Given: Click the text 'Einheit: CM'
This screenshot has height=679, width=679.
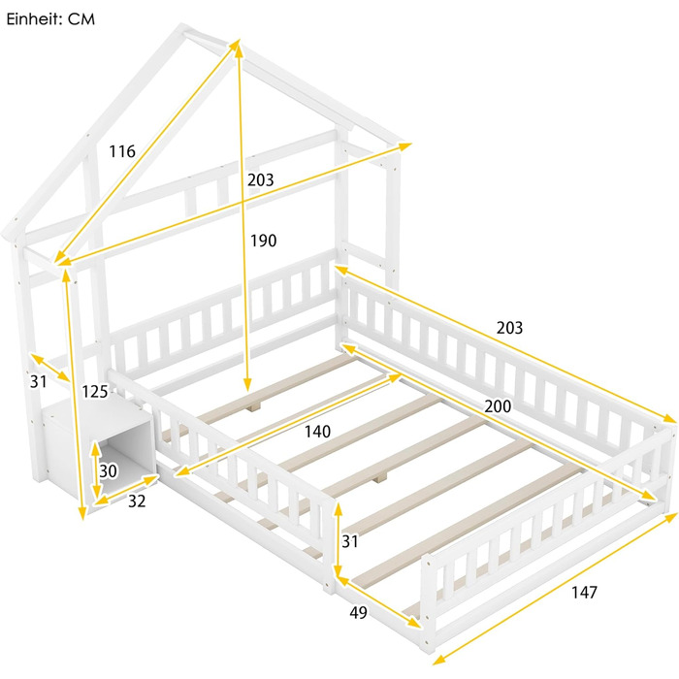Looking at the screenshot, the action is pos(50,19).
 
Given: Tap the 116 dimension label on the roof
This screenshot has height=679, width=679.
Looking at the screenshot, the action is pos(122,151).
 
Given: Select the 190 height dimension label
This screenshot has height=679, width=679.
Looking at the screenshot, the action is pos(263,241).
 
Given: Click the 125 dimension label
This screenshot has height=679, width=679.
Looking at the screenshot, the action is pos(95,392).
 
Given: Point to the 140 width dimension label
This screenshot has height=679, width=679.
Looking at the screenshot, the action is pos(317,432).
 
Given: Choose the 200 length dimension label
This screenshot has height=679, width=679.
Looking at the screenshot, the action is pos(498,406).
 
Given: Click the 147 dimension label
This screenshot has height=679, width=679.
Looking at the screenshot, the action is pos(584,592).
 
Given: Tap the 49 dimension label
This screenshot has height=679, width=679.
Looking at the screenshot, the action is pos(358,612).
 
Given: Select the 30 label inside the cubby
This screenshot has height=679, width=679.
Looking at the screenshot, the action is pos(108,471).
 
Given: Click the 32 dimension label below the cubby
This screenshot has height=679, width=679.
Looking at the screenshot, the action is pos(137,501).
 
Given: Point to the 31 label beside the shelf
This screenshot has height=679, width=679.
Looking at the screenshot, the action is pos(38,381).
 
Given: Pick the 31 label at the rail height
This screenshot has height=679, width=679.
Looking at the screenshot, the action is pos(350,541).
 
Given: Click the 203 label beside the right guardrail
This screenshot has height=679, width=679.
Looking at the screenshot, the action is pos(509,328).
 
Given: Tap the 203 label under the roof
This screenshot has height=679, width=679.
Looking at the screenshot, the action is pos(261,179).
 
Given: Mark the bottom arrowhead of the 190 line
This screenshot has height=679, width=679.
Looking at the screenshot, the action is pos(247,384).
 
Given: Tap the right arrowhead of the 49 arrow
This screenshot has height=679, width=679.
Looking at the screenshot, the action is pos(415,624).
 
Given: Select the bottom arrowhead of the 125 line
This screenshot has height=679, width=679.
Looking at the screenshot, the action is pos(81,514).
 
